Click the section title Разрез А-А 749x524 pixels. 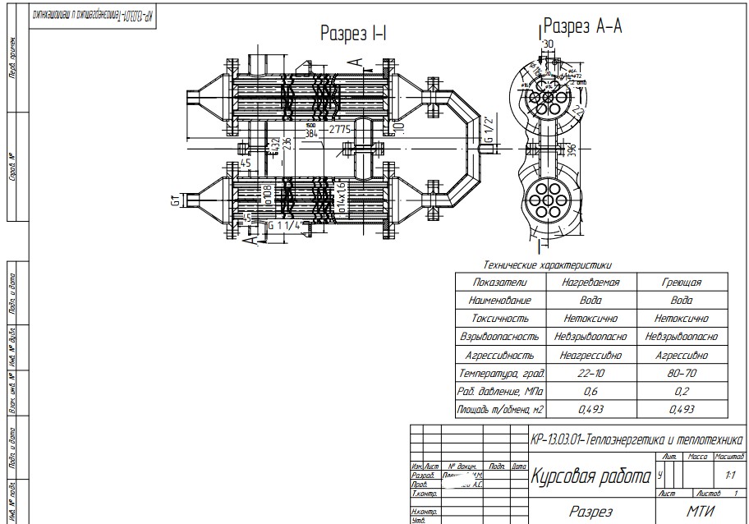pyautogui.click(x=583, y=28)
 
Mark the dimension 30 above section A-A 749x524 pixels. pyautogui.click(x=548, y=44)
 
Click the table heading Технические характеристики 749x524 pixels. pyautogui.click(x=548, y=265)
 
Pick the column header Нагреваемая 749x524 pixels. pyautogui.click(x=590, y=282)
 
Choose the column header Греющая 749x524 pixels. pyautogui.click(x=682, y=282)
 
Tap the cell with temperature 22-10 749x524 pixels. pyautogui.click(x=590, y=373)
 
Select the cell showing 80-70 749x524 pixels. pyautogui.click(x=682, y=373)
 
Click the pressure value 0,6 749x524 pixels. pyautogui.click(x=590, y=391)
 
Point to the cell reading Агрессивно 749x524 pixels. pyautogui.click(x=682, y=355)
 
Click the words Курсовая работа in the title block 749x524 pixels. pyautogui.click(x=591, y=476)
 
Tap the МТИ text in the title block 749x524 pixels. pyautogui.click(x=701, y=511)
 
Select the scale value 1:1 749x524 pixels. pyautogui.click(x=730, y=475)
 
